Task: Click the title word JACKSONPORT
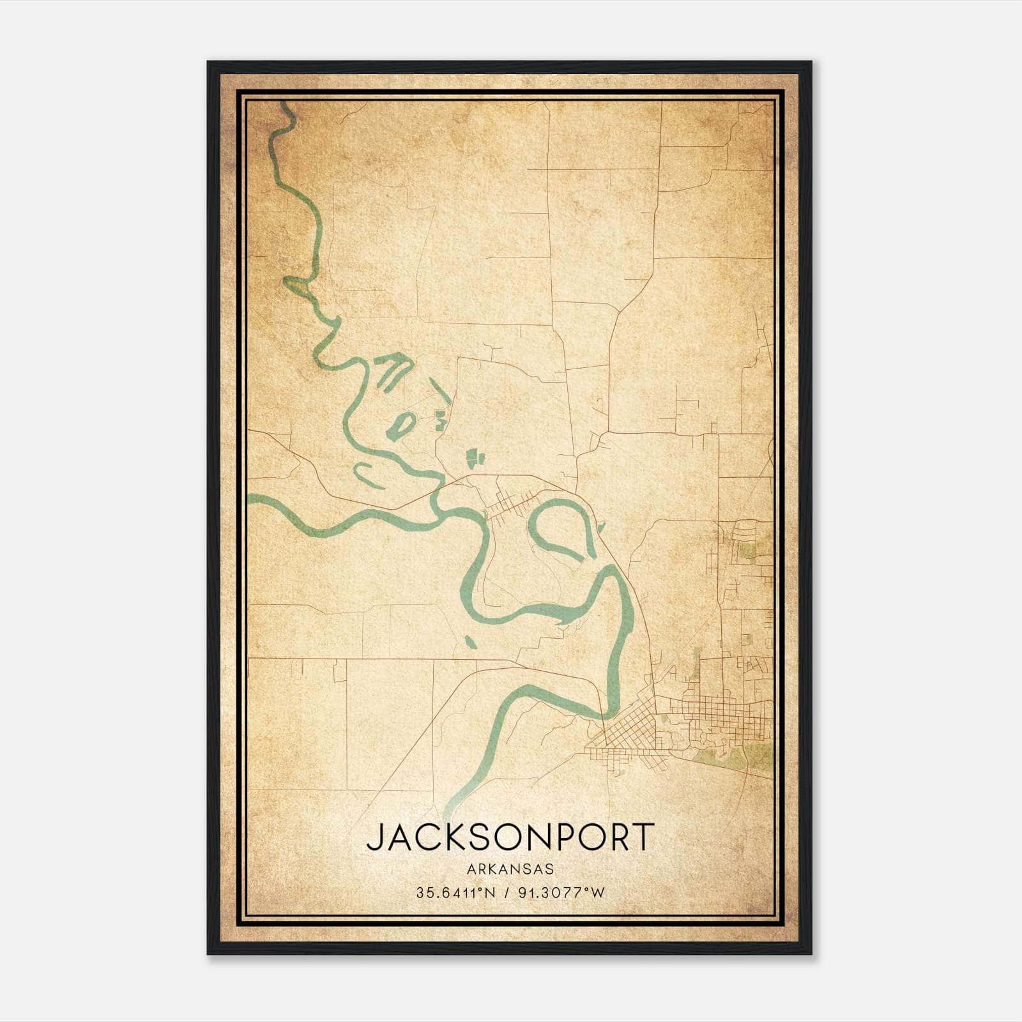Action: pyautogui.click(x=510, y=837)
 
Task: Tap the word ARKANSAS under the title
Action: pyautogui.click(x=510, y=869)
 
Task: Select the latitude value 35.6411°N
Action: pyautogui.click(x=455, y=893)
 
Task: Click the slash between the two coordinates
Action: pyautogui.click(x=507, y=893)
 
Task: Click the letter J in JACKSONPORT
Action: pyautogui.click(x=375, y=837)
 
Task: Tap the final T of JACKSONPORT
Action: pyautogui.click(x=644, y=837)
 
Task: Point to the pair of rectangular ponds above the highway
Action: pyautogui.click(x=475, y=457)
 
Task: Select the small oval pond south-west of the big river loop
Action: pyautogui.click(x=470, y=641)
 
